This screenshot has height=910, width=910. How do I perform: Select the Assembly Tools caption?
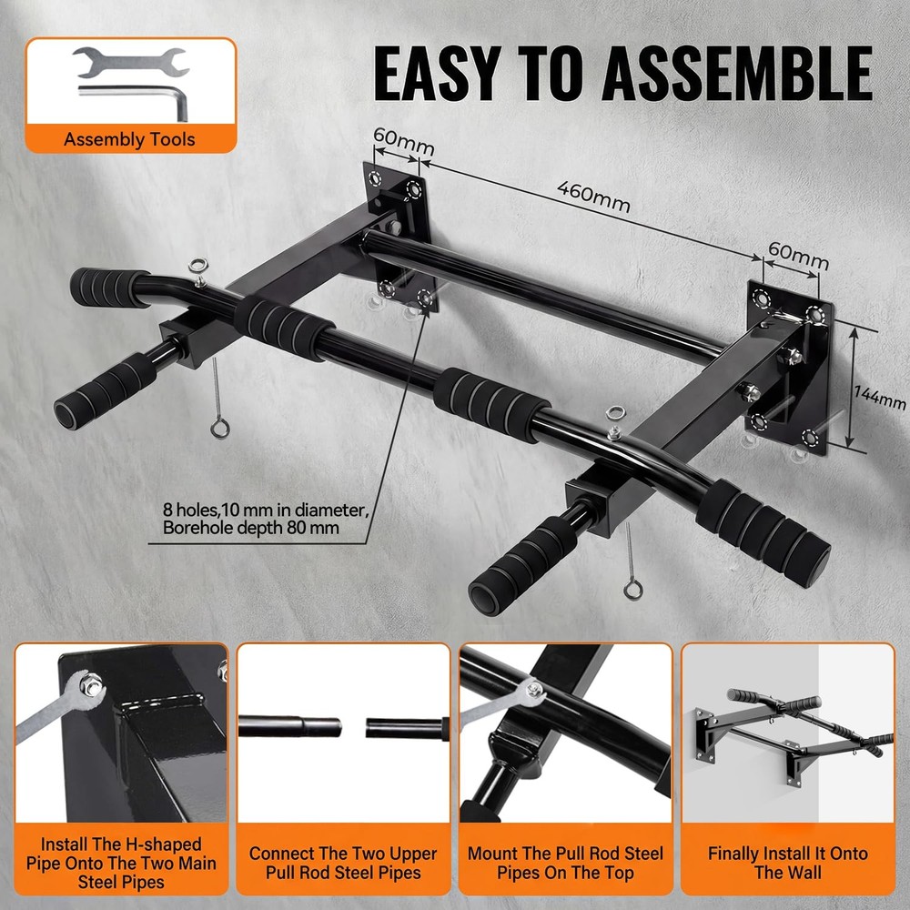[129, 139]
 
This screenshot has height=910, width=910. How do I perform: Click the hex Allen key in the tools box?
[136, 97]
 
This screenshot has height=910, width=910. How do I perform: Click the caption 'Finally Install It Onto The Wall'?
[788, 863]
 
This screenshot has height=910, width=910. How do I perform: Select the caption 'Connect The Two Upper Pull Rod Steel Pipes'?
[343, 863]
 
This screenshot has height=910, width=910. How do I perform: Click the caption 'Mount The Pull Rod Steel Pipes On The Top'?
[565, 863]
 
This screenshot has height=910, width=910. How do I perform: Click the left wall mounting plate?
[398, 233]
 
